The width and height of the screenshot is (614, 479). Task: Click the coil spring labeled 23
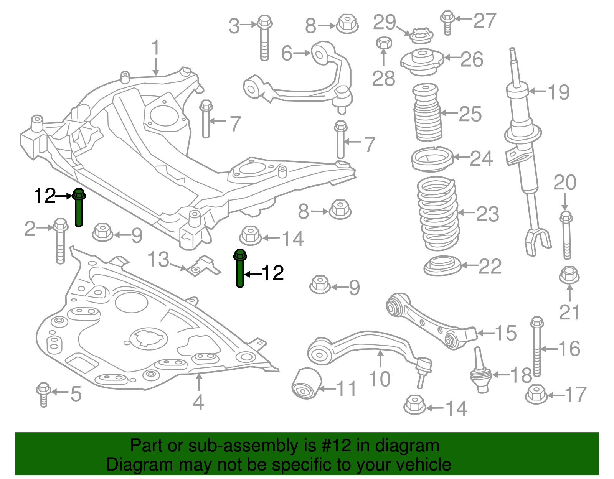coord(437,213)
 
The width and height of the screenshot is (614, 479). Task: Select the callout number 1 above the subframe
coord(155,48)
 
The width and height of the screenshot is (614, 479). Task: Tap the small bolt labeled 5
coord(43,394)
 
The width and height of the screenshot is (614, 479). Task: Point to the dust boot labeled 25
coord(427,113)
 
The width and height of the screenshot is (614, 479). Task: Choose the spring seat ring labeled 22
coord(442,265)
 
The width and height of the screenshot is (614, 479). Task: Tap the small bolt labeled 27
coord(447,22)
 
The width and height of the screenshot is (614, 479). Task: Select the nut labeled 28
coord(384,43)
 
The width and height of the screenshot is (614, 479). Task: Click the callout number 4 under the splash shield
coord(198,402)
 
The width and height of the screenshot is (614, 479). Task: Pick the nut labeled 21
coord(569,276)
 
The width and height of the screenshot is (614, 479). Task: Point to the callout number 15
coord(506,333)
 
